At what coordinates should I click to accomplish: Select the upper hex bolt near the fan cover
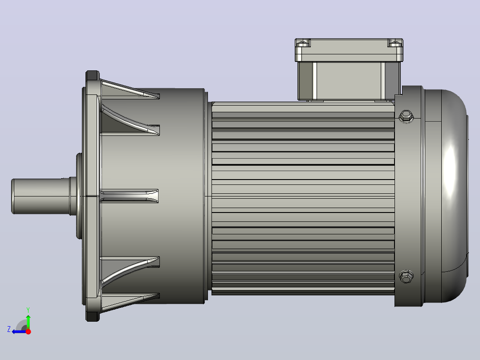pos(406,116)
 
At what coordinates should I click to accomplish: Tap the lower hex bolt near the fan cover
pos(406,277)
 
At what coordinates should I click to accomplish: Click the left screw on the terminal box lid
pos(303,43)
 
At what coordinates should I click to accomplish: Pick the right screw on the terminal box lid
pos(395,43)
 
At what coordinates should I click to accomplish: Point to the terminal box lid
pos(349,50)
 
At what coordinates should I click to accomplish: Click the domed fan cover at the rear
pos(445,196)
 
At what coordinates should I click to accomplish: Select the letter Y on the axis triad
pos(28,310)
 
